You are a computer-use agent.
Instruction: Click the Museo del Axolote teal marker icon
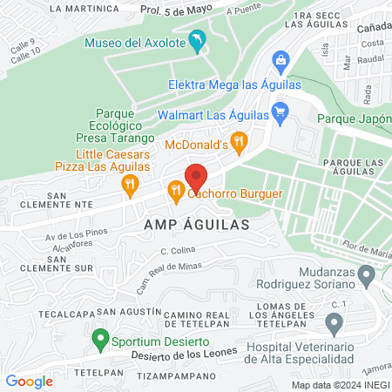click(x=199, y=41)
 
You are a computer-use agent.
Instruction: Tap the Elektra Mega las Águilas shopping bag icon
click(x=280, y=60)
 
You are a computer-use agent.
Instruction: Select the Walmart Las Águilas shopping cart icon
click(x=280, y=112)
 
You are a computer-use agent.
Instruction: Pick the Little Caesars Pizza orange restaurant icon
click(x=130, y=183)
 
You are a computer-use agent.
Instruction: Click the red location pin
click(x=196, y=177)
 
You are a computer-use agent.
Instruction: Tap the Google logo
click(x=30, y=381)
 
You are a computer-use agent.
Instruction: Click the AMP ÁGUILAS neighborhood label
click(x=196, y=224)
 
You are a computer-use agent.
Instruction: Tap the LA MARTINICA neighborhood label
click(x=84, y=8)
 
